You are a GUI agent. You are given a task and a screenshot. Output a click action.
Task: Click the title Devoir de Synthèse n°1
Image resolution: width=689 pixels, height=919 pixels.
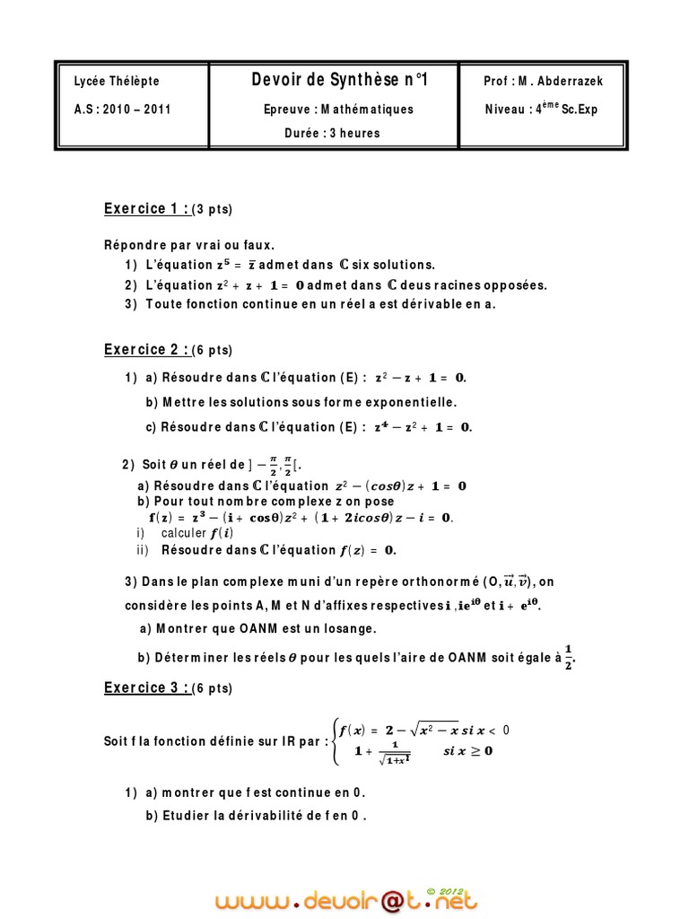pos(340,81)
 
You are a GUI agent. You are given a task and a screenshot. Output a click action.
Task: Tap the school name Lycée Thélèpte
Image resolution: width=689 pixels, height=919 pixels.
pos(117,82)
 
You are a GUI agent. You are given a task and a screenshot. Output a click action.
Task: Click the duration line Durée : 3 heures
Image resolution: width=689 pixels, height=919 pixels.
pos(332,134)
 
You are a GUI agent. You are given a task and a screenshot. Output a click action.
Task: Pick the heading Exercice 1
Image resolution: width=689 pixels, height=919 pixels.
pos(146,209)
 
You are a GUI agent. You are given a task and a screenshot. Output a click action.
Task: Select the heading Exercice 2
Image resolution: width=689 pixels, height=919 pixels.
pos(146,350)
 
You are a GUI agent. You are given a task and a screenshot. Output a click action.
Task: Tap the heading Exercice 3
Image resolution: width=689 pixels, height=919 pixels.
pos(146,688)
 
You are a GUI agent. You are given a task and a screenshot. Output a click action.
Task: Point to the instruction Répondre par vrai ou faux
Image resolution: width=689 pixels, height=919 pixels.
pos(190,245)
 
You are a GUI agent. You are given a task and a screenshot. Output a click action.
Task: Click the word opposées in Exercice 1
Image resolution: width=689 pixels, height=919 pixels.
pos(515,285)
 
